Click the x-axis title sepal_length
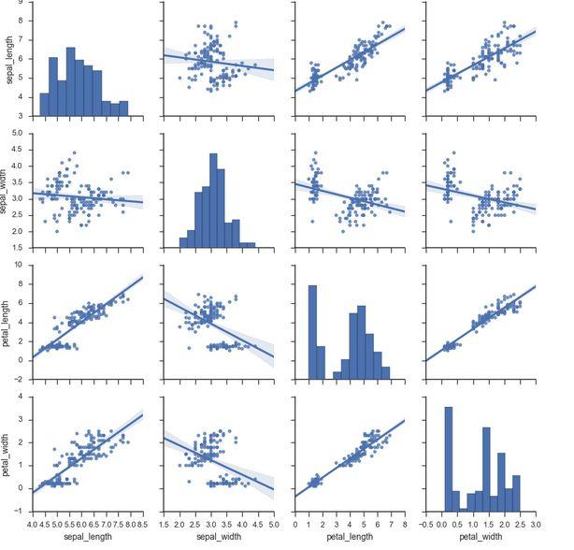(x=87, y=536)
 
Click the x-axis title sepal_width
(x=218, y=536)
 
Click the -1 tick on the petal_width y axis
(x=23, y=512)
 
